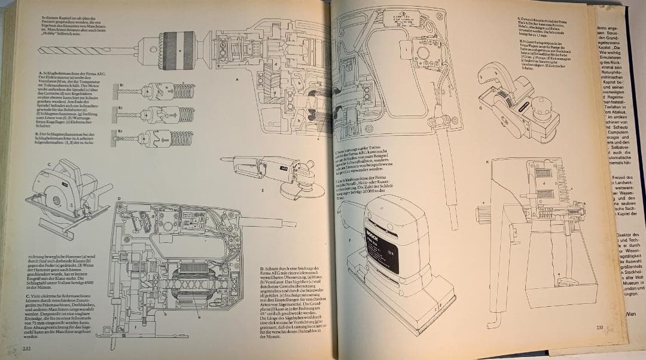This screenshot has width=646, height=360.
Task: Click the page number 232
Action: (27, 349)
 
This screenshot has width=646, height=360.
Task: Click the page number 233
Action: (598, 327)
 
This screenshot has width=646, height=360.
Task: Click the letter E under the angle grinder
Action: (263, 191)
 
